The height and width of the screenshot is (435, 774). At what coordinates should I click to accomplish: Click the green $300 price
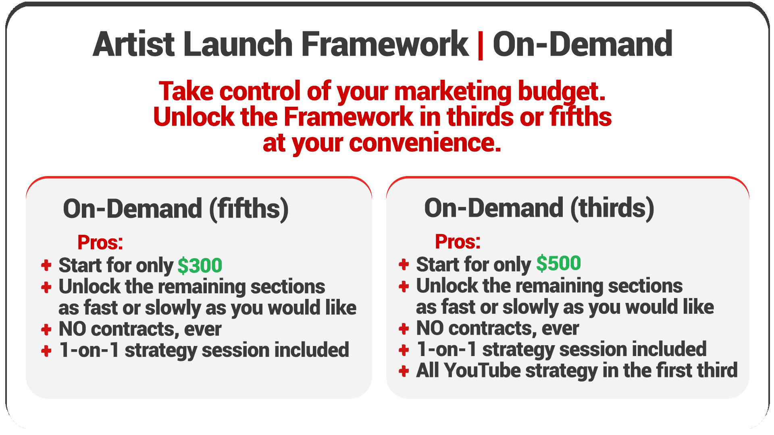(200, 265)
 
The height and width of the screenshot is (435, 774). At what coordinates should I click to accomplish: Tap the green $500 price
(558, 263)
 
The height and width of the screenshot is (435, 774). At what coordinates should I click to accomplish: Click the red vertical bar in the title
(480, 45)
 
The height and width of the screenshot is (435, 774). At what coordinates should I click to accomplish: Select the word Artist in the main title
(134, 44)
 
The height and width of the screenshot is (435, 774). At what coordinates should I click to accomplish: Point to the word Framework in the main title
(385, 44)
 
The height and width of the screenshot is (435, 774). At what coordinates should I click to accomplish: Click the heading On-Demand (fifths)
(176, 209)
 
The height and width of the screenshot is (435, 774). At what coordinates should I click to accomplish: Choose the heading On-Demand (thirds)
(539, 208)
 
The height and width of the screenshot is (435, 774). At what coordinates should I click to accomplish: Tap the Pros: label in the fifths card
(100, 242)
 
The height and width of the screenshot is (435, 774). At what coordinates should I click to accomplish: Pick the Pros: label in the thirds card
(458, 242)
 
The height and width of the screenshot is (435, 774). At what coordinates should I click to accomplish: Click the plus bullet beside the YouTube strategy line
(404, 371)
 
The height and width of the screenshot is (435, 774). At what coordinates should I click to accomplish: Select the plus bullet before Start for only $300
(46, 265)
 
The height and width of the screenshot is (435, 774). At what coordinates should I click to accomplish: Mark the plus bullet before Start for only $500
(404, 264)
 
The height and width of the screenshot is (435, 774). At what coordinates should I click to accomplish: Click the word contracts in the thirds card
(492, 328)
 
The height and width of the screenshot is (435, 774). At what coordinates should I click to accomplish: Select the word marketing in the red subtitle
(453, 91)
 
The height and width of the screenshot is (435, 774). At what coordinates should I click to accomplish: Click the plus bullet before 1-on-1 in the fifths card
(46, 351)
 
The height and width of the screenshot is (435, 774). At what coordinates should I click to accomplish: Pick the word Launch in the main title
(238, 44)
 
